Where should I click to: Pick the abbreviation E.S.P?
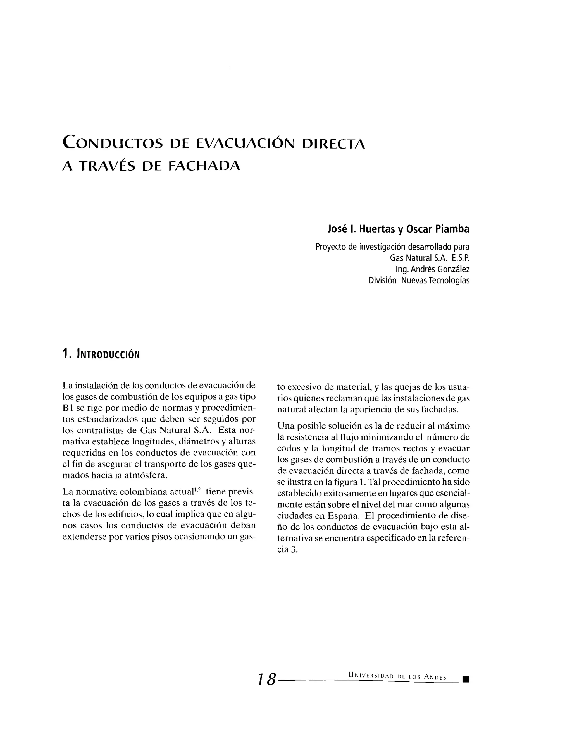pos(461,258)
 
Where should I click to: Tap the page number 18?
pos(267,680)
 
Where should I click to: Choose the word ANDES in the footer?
pos(435,676)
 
